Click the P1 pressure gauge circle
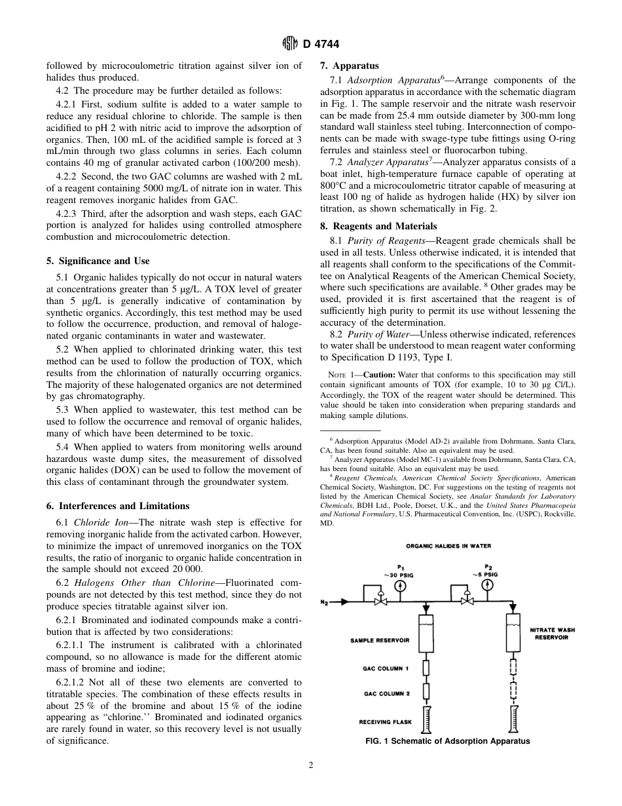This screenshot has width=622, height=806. click(401, 586)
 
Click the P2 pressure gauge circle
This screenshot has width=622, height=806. click(488, 586)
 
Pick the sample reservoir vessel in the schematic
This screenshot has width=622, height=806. click(426, 633)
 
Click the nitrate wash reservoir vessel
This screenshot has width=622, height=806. click(513, 632)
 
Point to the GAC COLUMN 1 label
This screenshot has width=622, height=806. click(386, 669)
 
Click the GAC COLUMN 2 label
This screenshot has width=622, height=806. click(386, 693)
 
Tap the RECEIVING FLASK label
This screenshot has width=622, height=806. click(385, 722)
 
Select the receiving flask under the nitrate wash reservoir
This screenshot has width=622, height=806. click(513, 719)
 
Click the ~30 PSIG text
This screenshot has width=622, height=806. click(399, 574)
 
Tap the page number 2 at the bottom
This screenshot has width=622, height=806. click(311, 765)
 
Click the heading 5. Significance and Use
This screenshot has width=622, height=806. click(98, 261)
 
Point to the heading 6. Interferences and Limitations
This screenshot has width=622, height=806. click(117, 506)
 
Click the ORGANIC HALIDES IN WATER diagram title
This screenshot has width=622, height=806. click(448, 546)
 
